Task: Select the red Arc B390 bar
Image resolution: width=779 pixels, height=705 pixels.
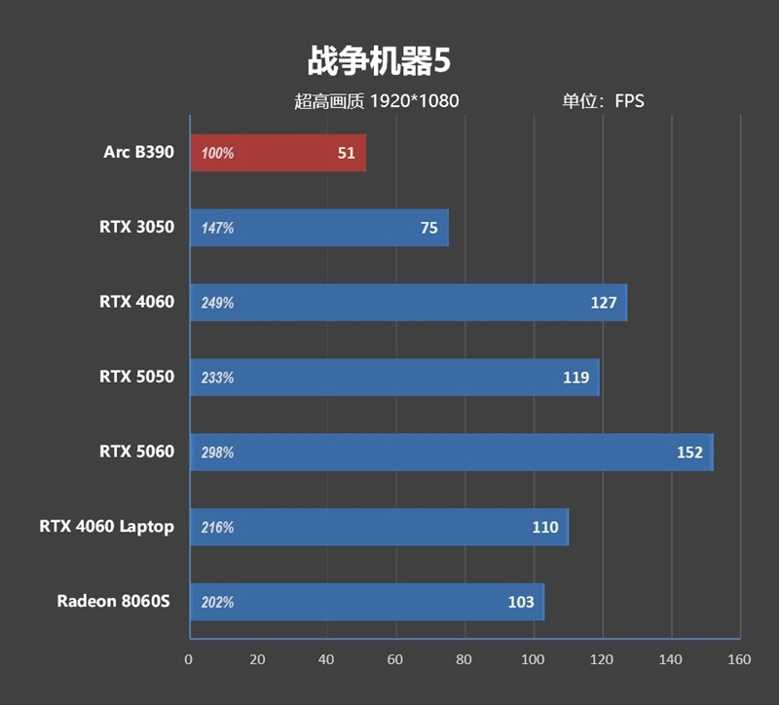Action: coord(278,153)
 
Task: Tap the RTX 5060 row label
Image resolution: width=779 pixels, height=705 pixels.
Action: coord(136,451)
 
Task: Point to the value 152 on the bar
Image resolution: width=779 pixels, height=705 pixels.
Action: coord(689,452)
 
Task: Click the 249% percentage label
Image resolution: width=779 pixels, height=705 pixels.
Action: coord(217,303)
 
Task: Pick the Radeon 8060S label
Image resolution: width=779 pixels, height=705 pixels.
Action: coord(113,601)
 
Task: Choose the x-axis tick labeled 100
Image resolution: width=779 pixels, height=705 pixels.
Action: coord(533,659)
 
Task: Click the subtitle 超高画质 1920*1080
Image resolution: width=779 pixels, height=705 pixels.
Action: coord(376,100)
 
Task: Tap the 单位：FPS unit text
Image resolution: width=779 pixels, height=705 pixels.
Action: coord(603,100)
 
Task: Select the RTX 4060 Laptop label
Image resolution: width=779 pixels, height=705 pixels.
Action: coord(106,526)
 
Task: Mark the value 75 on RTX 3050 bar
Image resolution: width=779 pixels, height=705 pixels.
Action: coord(428,228)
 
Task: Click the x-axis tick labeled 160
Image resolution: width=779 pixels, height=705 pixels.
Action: coord(739,659)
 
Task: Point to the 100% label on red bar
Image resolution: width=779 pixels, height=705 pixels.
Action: coord(217,153)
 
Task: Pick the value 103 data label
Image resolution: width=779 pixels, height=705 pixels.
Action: coord(521,602)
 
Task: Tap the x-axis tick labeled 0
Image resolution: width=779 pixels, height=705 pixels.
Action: coord(189,659)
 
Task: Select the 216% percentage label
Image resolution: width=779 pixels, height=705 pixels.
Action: coord(217,527)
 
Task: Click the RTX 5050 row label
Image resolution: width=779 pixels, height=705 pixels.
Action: coord(136,376)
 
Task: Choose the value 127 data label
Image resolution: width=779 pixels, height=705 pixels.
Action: coord(604,303)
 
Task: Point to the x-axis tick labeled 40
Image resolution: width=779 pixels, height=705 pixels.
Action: coord(326,659)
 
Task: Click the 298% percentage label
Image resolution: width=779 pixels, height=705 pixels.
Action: coord(217,452)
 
